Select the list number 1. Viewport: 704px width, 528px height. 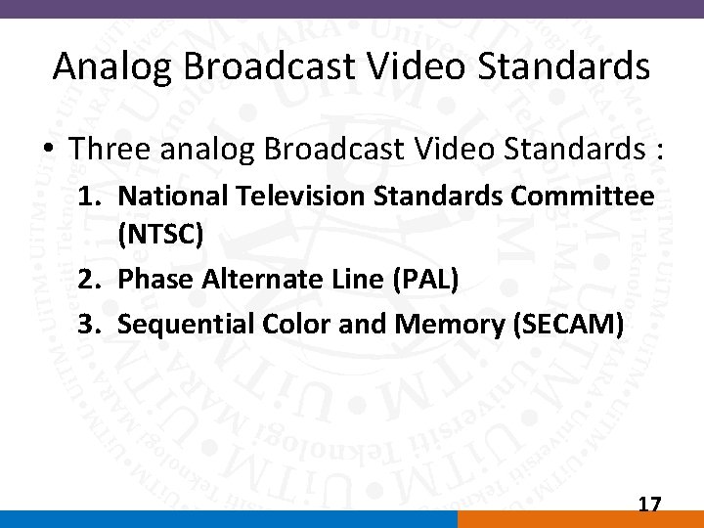(x=89, y=196)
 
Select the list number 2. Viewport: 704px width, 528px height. (x=89, y=280)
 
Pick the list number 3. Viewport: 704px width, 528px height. (x=89, y=323)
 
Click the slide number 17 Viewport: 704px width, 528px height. (x=649, y=505)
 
